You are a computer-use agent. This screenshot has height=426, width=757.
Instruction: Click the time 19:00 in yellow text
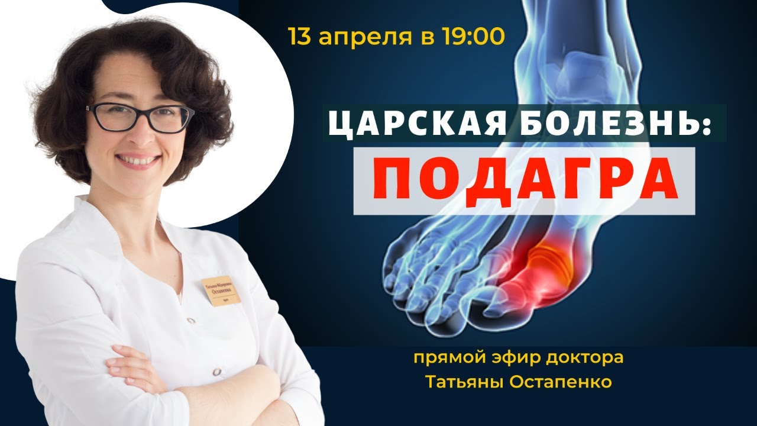tap(473, 37)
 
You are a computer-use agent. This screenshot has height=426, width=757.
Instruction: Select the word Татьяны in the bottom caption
tap(466, 382)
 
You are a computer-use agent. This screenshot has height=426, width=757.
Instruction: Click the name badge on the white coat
tap(221, 291)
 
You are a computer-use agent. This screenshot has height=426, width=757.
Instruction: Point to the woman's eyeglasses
tap(140, 117)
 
